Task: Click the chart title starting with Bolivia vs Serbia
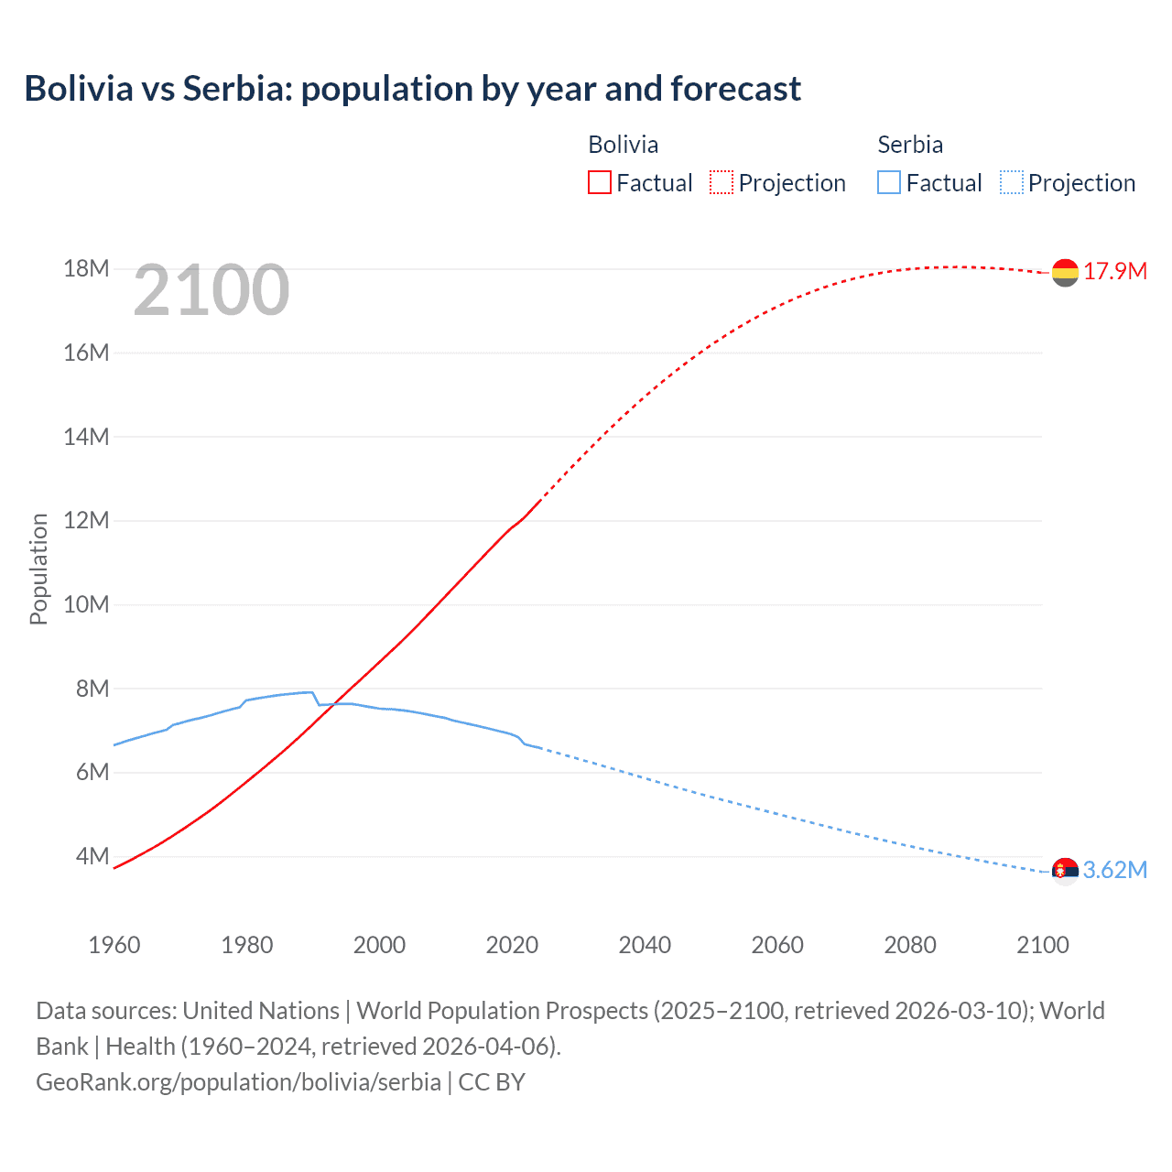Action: (x=412, y=89)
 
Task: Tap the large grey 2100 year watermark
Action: (x=212, y=290)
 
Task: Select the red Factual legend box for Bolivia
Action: (x=599, y=182)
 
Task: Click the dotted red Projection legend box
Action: (x=722, y=182)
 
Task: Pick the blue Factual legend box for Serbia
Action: (x=888, y=182)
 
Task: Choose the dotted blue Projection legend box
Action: (x=1011, y=182)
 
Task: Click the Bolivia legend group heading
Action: (x=623, y=145)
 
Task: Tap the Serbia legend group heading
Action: (x=909, y=145)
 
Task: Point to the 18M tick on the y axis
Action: (x=86, y=268)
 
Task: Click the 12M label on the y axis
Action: (x=86, y=520)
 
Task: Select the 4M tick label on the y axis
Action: (x=92, y=856)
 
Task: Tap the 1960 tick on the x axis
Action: (x=114, y=945)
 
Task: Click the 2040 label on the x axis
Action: (x=645, y=945)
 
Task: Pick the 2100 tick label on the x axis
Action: (x=1042, y=945)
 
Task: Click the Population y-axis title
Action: (x=38, y=569)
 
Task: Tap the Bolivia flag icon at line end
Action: (x=1065, y=273)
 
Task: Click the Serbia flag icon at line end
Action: (x=1065, y=871)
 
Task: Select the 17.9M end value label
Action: (x=1115, y=271)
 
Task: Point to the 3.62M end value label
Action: (x=1115, y=870)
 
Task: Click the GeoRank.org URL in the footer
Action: (x=238, y=1081)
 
